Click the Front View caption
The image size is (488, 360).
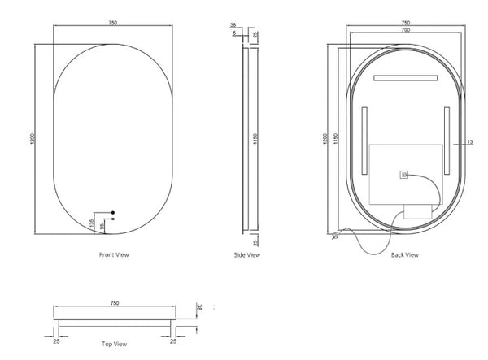pyautogui.click(x=115, y=255)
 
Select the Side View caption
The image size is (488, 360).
pyautogui.click(x=247, y=255)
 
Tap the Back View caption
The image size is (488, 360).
pyautogui.click(x=404, y=255)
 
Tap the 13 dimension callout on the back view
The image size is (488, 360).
pyautogui.click(x=469, y=143)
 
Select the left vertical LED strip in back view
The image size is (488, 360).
pyautogui.click(x=364, y=140)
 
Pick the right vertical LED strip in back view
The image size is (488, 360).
pyautogui.click(x=447, y=140)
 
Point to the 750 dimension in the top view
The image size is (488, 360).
pyautogui.click(x=115, y=303)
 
